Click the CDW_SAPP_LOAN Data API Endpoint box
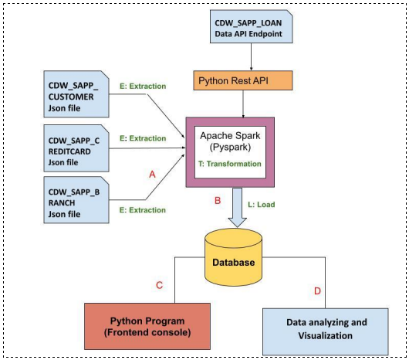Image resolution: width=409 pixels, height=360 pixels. coord(248,29)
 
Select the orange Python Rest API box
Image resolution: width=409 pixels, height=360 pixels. coord(243,80)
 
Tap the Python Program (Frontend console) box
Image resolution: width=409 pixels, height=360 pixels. coord(148,327)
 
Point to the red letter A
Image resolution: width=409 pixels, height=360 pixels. coord(151,175)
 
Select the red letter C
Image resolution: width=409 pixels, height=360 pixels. coord(159,285)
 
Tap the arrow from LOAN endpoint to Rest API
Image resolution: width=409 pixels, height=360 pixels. coord(248,58)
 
